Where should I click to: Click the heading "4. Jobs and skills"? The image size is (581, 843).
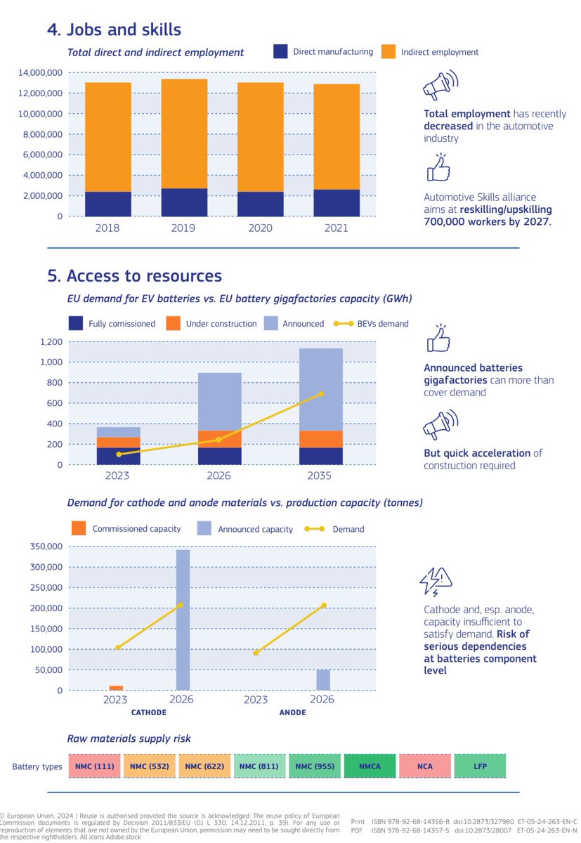click(x=114, y=30)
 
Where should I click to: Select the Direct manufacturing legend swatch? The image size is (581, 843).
click(x=281, y=51)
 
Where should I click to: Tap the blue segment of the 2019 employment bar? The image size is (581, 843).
click(x=184, y=202)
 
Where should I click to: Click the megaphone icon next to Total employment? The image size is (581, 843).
click(x=440, y=85)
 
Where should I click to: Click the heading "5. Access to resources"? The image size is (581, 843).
click(x=134, y=276)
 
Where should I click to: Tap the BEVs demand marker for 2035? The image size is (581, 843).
click(x=322, y=394)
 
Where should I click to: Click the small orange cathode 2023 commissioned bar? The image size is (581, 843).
click(x=116, y=688)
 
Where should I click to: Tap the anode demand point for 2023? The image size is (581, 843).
click(x=256, y=653)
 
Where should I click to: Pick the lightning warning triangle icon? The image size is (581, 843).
click(x=436, y=580)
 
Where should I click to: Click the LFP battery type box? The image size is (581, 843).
click(x=480, y=766)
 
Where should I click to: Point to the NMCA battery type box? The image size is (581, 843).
click(x=370, y=766)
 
